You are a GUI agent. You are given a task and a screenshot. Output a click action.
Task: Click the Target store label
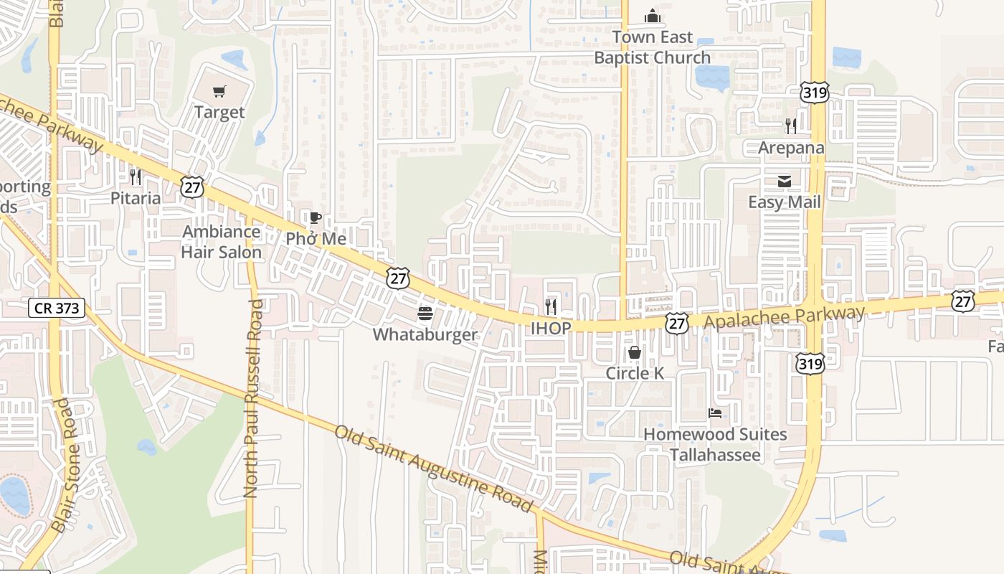click(219, 113)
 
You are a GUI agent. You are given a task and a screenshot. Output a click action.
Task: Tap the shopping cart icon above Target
click(219, 91)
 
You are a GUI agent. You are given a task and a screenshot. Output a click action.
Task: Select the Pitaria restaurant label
click(136, 198)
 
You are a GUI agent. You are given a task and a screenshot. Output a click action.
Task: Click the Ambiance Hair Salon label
click(221, 242)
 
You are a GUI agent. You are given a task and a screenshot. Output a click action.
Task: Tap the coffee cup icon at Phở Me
click(314, 218)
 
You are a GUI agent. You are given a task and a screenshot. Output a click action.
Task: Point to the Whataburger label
click(425, 334)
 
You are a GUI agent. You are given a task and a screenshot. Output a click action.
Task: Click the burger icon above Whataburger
click(425, 314)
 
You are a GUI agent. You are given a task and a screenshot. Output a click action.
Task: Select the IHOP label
click(551, 328)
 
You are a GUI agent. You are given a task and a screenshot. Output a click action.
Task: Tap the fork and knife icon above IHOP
click(551, 306)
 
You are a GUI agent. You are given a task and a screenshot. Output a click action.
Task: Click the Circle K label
click(635, 373)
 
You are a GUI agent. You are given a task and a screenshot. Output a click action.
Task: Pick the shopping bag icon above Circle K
click(635, 352)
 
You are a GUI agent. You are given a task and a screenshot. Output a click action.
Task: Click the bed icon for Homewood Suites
click(715, 413)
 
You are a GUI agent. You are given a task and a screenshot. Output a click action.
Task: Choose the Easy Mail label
click(785, 202)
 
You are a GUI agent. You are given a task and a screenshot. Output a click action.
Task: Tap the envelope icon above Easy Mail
click(785, 182)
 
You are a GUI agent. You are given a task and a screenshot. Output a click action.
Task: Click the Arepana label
click(791, 148)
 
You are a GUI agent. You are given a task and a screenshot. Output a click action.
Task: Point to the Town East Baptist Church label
click(652, 47)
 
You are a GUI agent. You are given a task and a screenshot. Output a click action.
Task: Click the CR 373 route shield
click(57, 309)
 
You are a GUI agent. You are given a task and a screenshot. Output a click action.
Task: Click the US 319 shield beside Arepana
click(815, 92)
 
